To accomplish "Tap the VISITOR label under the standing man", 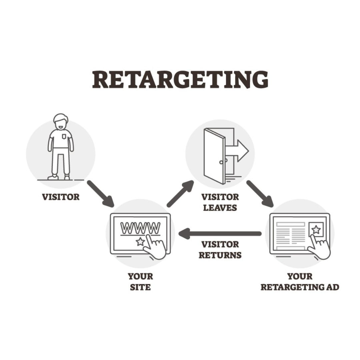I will (x=61, y=197).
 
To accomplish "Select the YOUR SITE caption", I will (x=140, y=282).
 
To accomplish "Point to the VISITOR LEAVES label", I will (x=220, y=202).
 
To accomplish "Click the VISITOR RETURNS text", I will (x=220, y=250).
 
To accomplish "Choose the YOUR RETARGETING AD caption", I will (x=300, y=282).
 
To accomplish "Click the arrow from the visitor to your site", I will (x=100, y=193).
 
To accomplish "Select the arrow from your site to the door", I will (x=180, y=193).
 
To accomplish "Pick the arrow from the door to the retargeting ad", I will (x=260, y=193).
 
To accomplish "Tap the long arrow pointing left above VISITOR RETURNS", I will (x=220, y=233).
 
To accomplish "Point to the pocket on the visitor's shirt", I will (x=64, y=136).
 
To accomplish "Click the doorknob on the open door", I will (x=220, y=162).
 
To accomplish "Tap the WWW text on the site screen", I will (x=140, y=228).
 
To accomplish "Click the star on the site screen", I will (x=140, y=242).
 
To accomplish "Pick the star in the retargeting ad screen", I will (x=316, y=229).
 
